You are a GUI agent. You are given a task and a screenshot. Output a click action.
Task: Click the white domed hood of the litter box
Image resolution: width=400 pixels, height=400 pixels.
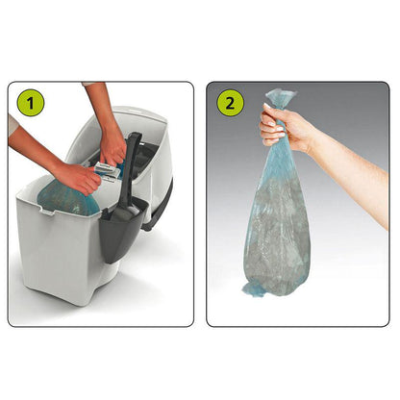coord(158,130)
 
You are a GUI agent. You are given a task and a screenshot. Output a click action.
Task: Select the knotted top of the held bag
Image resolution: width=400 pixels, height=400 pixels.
coord(282,98)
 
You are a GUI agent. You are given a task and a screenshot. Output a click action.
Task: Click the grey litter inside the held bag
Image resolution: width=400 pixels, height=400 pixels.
coord(279,231)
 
